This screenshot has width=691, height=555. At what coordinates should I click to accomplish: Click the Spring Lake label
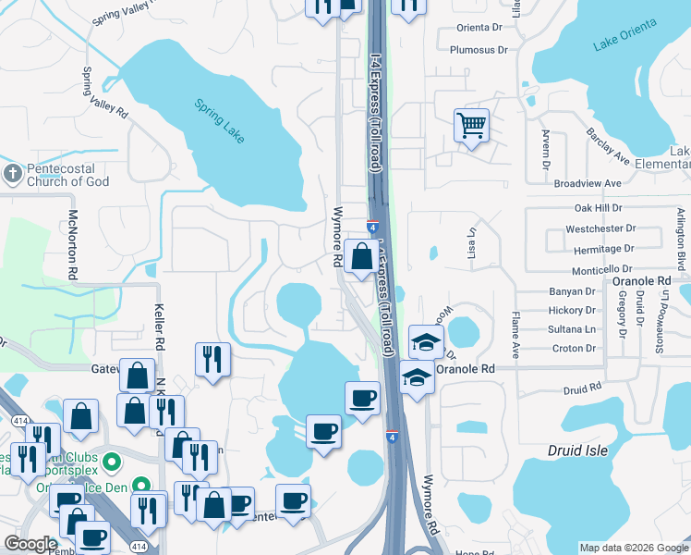coord(220,120)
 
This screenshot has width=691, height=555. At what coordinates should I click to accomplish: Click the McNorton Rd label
coord(73,245)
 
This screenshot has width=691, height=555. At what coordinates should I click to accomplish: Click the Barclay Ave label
coord(608,146)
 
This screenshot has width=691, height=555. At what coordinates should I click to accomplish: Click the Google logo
coord(31,544)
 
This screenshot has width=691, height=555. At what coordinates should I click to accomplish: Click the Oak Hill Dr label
coord(598,209)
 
